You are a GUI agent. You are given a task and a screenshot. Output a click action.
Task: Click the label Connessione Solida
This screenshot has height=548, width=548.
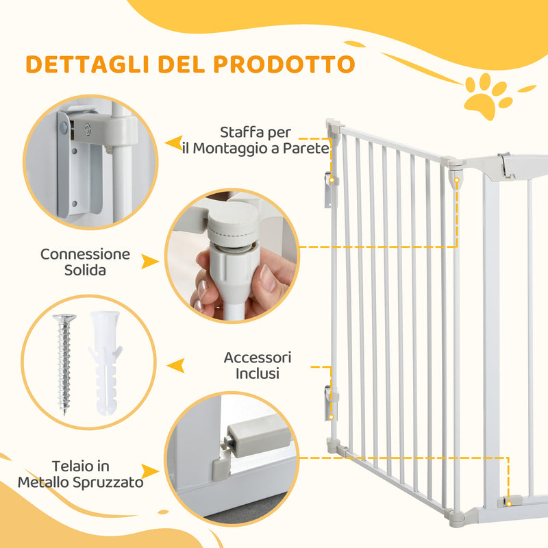tap(85, 262)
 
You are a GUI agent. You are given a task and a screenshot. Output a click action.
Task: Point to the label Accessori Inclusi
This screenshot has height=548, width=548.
tap(257, 366)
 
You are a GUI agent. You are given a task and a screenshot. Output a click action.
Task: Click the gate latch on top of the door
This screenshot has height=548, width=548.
tap(506, 165)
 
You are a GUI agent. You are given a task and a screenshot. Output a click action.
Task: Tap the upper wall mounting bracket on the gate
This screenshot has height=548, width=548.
tap(331, 188)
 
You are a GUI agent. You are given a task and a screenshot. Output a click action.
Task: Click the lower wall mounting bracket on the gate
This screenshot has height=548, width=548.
tap(331, 404)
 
